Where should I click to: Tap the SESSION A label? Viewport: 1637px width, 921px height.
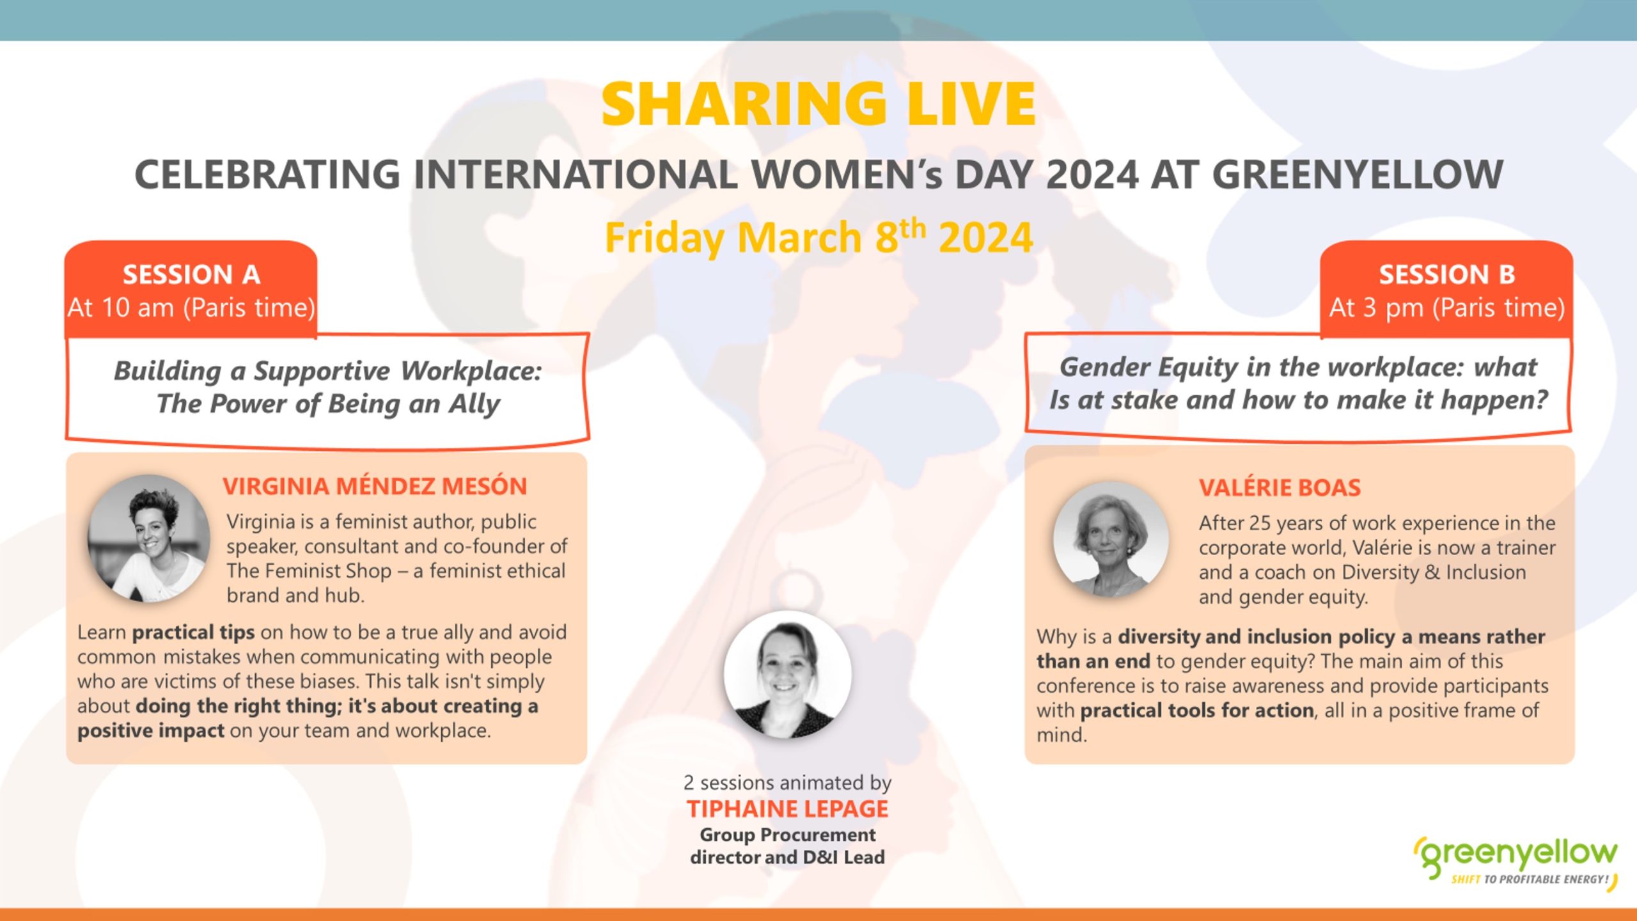point(191,274)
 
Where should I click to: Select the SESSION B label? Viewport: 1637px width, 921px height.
point(1446,274)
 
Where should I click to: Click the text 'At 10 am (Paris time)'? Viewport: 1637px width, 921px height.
point(191,308)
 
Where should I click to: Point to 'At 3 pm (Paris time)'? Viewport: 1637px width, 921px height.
point(1446,308)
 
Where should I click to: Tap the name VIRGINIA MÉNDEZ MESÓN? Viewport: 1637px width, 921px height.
point(375,486)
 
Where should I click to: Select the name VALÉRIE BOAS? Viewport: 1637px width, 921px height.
point(1280,488)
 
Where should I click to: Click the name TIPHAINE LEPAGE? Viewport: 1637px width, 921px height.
point(787,809)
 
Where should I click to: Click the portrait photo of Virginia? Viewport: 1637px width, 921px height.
point(148,539)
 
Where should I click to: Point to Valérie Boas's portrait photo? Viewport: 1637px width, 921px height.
point(1111,540)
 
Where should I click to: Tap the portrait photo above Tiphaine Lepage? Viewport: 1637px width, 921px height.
point(787,675)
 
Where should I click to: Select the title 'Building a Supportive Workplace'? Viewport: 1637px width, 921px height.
point(328,371)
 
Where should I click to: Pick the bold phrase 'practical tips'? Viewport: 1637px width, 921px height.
point(193,633)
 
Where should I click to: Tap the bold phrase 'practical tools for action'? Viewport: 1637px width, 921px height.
point(1196,711)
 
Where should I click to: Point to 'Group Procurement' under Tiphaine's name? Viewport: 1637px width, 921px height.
point(787,835)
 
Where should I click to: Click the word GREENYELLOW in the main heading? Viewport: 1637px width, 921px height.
point(1358,175)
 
